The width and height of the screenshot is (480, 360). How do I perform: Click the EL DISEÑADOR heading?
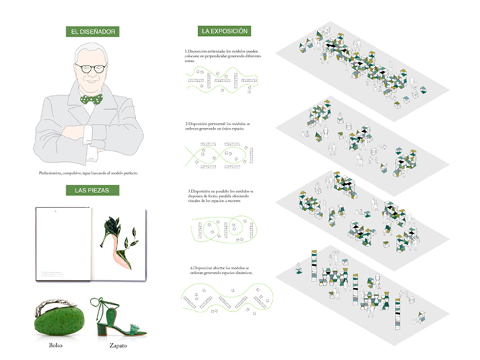pyautogui.click(x=89, y=32)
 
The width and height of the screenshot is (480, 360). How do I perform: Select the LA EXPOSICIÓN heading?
pyautogui.click(x=225, y=32)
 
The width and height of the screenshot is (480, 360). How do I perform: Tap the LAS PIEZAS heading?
pyautogui.click(x=90, y=191)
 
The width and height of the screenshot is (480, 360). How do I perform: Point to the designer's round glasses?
pyautogui.click(x=90, y=70)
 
